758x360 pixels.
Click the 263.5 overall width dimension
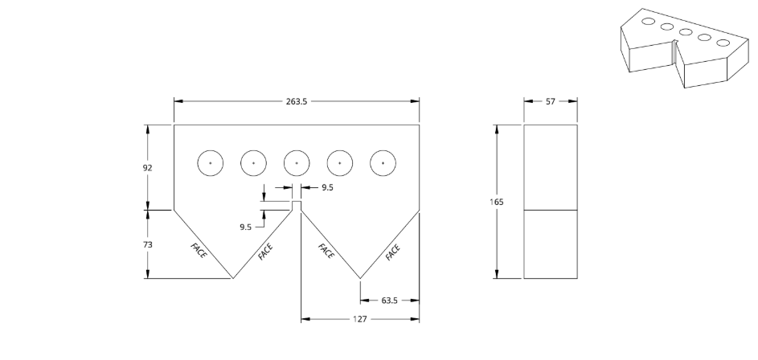pos(297,101)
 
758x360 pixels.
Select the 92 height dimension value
pos(147,168)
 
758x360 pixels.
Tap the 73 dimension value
pos(147,244)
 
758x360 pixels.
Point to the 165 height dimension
pos(497,202)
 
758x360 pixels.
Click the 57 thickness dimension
pos(551,101)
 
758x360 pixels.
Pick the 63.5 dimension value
pos(389,301)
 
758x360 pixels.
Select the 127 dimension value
pos(360,319)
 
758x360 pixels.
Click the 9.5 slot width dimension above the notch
pos(327,187)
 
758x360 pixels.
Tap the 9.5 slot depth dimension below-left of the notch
pos(246,227)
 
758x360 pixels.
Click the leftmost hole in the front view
pos(211,163)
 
